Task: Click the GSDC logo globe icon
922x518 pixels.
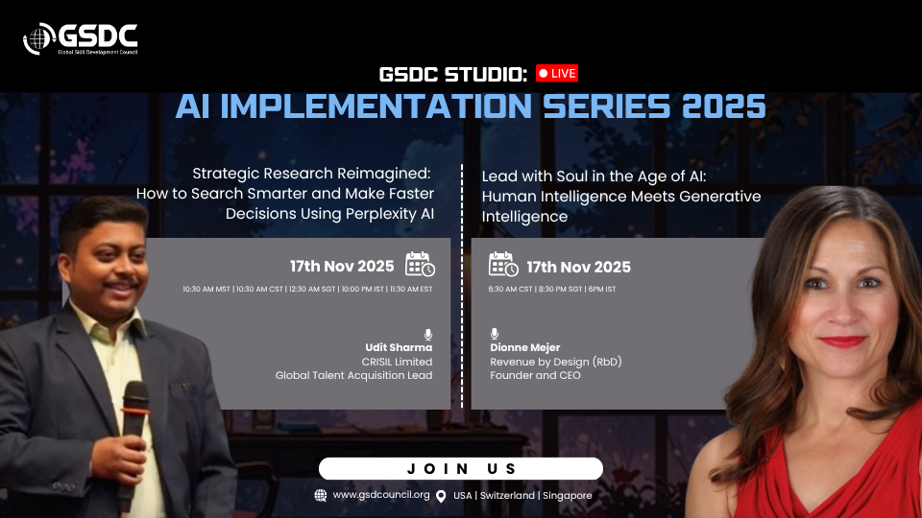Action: click(x=38, y=38)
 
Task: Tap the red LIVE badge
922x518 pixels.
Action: click(x=557, y=74)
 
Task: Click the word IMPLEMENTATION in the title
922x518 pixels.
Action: click(x=376, y=106)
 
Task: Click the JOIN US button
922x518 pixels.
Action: click(x=461, y=469)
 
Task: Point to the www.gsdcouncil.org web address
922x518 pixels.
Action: click(x=381, y=495)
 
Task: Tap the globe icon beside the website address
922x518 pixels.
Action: click(x=321, y=496)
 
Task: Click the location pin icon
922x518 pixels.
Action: click(x=441, y=496)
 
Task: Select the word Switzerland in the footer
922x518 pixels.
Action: click(x=507, y=496)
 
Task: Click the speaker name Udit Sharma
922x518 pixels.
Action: click(x=399, y=347)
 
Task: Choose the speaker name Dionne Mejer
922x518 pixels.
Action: click(x=525, y=347)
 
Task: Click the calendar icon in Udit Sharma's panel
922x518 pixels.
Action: click(x=420, y=264)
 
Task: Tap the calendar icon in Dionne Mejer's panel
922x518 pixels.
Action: click(x=503, y=264)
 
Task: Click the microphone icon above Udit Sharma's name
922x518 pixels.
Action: click(x=428, y=334)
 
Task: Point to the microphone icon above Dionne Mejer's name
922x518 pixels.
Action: click(x=495, y=334)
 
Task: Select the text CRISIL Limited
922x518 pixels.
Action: click(x=397, y=362)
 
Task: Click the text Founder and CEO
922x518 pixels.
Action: click(x=535, y=375)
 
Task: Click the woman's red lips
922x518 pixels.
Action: click(x=842, y=341)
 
